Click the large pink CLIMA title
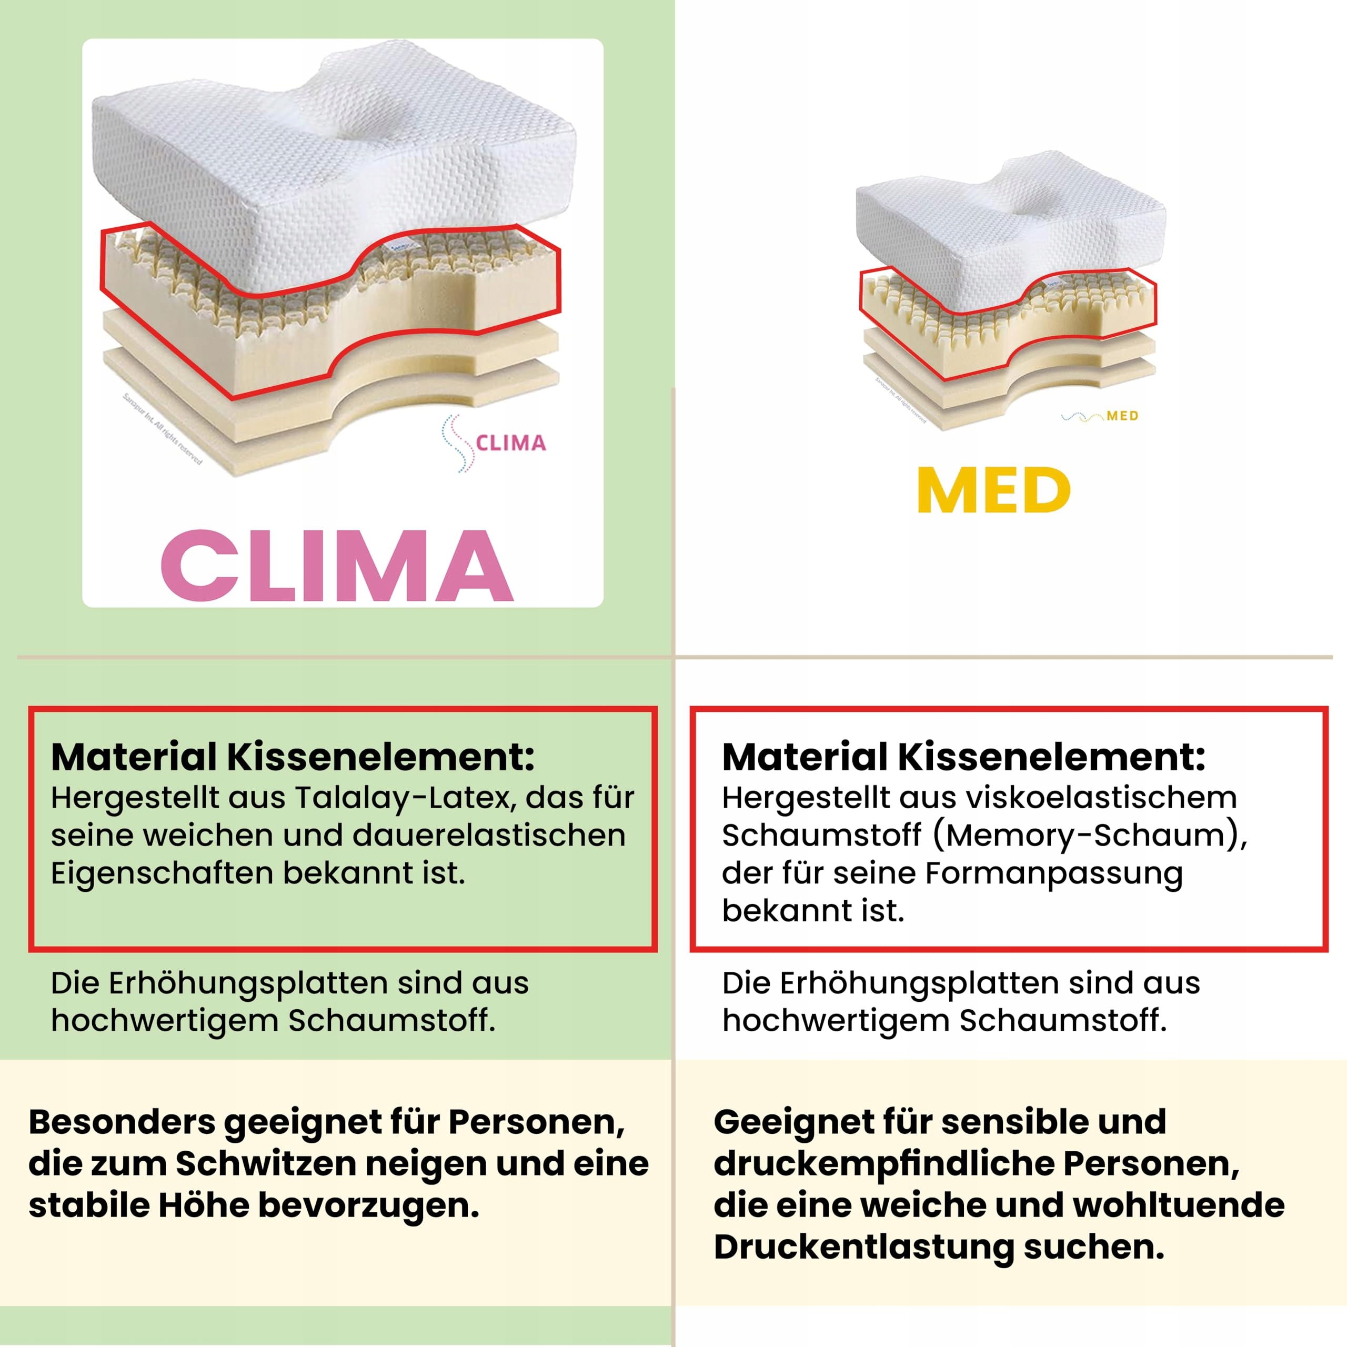click(337, 566)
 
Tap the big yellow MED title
click(993, 491)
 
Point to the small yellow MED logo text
click(1122, 416)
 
